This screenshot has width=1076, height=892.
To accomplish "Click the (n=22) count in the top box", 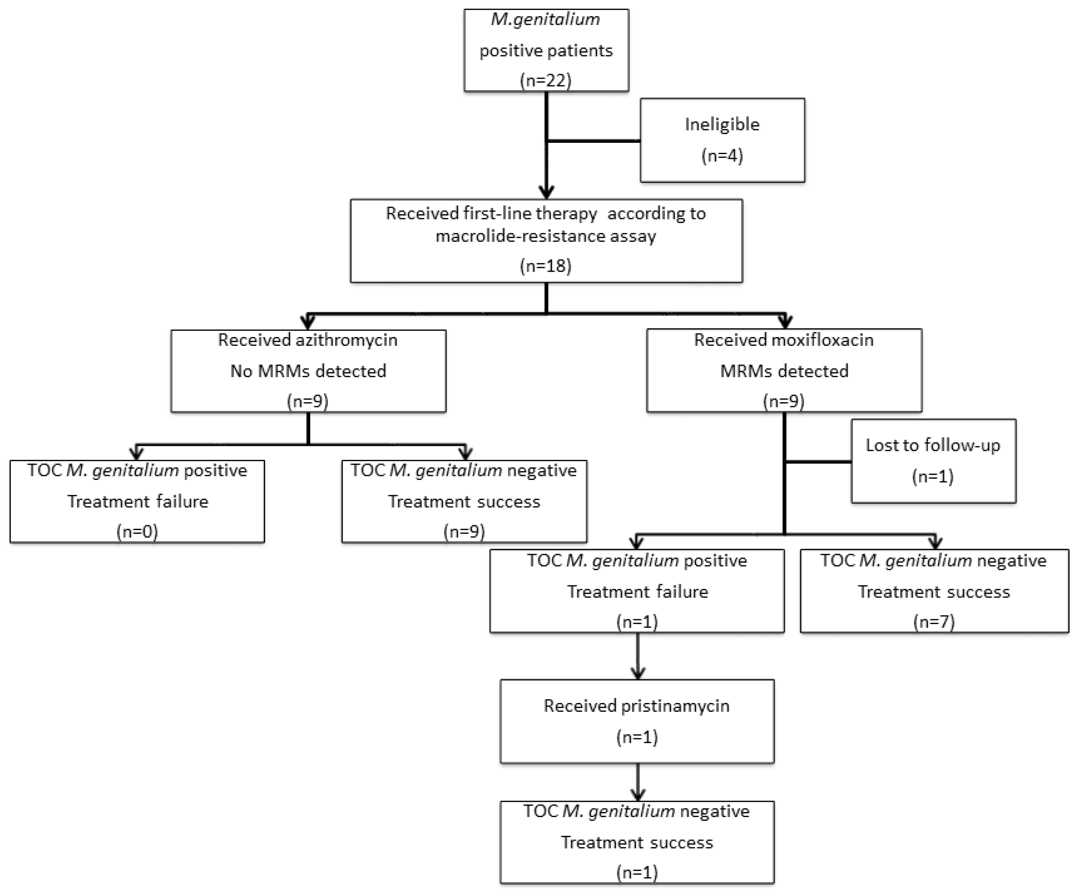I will point(546,80).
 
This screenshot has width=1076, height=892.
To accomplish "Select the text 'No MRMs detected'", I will point(308,371).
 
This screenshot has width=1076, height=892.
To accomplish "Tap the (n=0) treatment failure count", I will point(137,531).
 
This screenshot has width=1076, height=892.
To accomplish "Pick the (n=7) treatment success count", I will point(934,622).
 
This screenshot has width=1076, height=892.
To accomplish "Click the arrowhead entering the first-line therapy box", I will point(546,192).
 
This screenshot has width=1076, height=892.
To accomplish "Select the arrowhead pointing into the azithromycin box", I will point(307,322).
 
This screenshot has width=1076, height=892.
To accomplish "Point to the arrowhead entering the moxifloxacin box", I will point(785,322).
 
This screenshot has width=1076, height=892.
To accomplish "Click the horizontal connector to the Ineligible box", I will point(593,140).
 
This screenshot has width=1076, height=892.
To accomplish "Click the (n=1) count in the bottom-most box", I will point(637,872).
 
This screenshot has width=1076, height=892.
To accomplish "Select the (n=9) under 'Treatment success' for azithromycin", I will point(464,531).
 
